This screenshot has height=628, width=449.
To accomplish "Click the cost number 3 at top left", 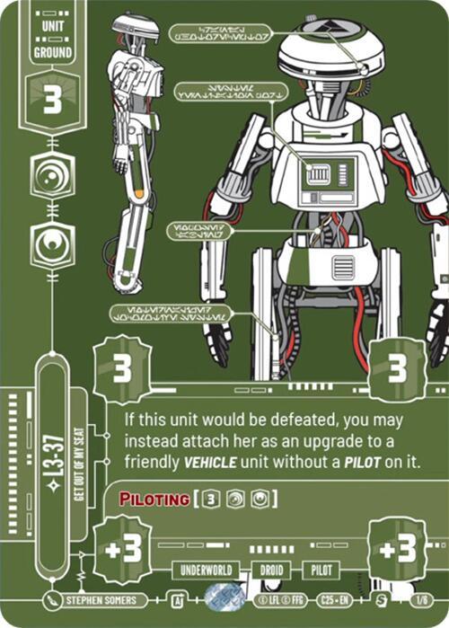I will (x=51, y=102).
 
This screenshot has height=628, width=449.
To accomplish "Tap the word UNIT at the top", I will (x=52, y=27).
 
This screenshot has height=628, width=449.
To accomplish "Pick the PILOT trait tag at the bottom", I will (x=321, y=571).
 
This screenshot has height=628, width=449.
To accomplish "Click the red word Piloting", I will (x=146, y=499).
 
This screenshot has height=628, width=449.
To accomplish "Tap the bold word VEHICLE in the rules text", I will (x=221, y=462).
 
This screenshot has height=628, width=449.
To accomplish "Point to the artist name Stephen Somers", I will (x=101, y=599).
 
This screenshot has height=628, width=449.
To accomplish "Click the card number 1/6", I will (x=419, y=599).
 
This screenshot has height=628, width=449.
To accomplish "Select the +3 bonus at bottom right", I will (x=397, y=549).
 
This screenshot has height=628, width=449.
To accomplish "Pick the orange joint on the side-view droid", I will (x=138, y=193).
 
